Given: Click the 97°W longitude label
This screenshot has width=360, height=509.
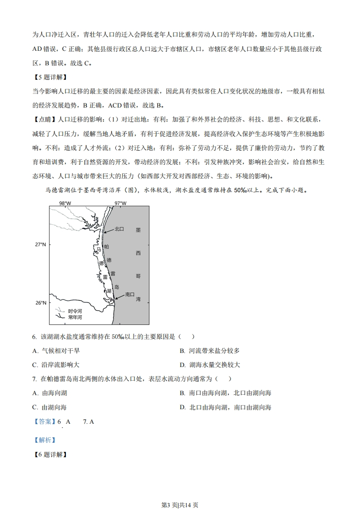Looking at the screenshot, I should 120,203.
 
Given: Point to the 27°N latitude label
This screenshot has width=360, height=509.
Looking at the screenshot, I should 41,245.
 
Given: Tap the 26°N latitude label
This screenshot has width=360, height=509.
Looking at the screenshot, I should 41,303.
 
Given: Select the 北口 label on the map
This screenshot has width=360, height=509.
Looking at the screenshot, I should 119,230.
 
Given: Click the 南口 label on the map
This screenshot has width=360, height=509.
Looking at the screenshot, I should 130,294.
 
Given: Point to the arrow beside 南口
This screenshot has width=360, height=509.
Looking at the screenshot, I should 118,297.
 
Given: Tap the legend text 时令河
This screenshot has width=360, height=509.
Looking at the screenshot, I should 75,311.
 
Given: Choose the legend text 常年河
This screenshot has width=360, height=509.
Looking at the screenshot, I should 75,317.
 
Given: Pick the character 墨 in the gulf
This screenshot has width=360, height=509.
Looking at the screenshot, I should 138,230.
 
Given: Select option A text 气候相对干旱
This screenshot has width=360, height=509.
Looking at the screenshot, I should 61,350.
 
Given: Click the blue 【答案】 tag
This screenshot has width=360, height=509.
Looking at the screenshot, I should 44,421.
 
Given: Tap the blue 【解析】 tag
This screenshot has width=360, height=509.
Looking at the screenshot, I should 44,440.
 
